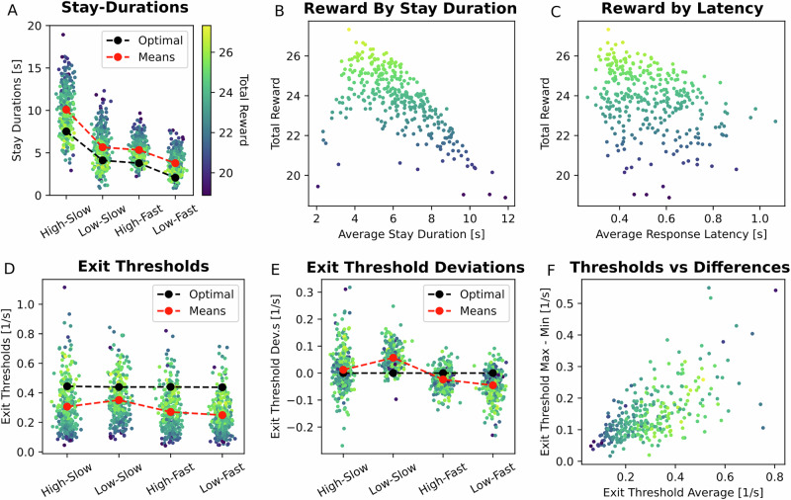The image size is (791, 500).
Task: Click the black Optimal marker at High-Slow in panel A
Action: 66,131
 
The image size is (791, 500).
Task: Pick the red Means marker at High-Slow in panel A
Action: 66,110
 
